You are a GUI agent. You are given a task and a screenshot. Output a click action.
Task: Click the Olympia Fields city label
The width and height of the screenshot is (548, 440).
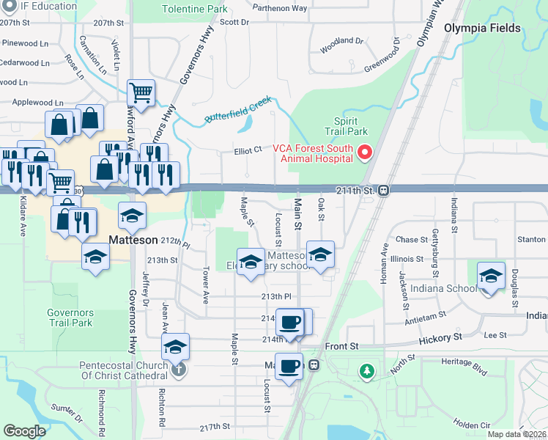482,29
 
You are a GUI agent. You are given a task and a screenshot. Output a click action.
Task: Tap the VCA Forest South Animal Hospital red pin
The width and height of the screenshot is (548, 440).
365,153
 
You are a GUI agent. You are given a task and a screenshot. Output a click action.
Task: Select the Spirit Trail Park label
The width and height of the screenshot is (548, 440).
351,126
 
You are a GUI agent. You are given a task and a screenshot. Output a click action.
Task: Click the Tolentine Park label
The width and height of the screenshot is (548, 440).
194,10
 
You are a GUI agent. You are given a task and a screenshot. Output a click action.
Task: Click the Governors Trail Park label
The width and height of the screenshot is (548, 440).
70,318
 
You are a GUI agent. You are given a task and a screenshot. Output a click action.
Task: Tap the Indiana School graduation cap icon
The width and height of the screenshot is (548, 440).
491,276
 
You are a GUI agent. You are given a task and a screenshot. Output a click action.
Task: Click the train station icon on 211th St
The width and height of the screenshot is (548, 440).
384,190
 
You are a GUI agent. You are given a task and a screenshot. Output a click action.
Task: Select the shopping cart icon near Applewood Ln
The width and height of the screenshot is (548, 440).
141,93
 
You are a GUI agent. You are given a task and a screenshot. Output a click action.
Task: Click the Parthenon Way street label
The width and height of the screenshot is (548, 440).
280,8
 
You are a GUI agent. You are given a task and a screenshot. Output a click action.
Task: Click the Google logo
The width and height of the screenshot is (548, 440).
24,430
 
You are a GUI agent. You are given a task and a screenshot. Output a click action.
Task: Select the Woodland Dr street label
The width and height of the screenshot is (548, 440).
341,51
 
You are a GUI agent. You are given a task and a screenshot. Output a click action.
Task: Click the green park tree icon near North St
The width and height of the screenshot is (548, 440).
366,372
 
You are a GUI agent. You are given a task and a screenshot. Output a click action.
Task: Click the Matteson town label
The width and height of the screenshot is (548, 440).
133,240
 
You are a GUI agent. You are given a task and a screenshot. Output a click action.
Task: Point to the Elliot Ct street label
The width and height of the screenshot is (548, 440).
248,150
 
